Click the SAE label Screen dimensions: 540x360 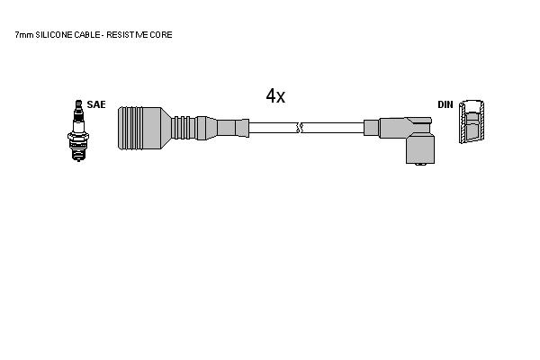click(96, 104)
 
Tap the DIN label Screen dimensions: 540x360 click(445, 104)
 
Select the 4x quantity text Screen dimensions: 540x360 click(275, 95)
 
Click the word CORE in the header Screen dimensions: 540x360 click(161, 35)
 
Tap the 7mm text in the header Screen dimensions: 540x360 click(24, 35)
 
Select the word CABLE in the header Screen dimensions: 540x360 click(86, 35)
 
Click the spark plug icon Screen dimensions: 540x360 click(78, 130)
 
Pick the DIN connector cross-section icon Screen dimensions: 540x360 click(472, 121)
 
